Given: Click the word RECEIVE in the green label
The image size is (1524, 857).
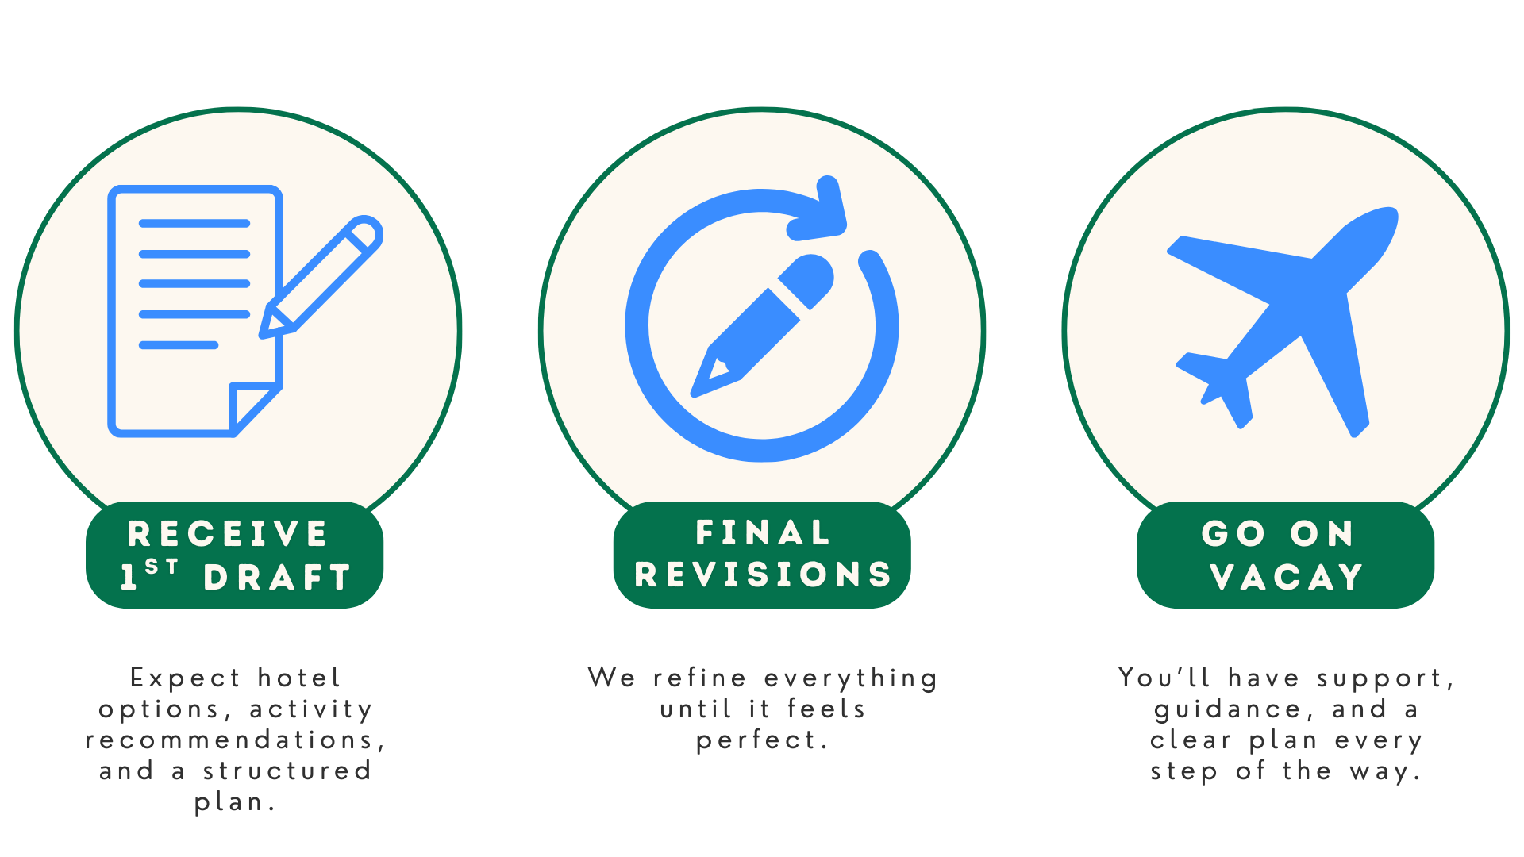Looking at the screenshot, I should pos(227,534).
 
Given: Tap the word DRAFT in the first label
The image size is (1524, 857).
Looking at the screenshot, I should pos(277,578).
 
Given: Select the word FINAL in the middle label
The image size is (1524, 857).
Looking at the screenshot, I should pos(763,533).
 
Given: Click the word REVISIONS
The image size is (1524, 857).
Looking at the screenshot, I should pos(763,575).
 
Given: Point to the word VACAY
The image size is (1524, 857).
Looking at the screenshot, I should pos(1287,578).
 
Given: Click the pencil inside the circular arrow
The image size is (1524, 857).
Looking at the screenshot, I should pos(762,325).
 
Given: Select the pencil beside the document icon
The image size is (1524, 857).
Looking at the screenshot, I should pos(321,278).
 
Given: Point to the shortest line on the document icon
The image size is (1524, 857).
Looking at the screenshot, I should pos(179,345).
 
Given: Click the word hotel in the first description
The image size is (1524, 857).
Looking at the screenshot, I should pos(299,678).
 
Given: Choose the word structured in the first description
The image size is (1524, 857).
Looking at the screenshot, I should pos(287,771).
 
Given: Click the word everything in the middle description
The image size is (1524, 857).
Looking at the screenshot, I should pos(850,679).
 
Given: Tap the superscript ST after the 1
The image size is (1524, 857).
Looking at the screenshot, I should pos(162,567).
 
